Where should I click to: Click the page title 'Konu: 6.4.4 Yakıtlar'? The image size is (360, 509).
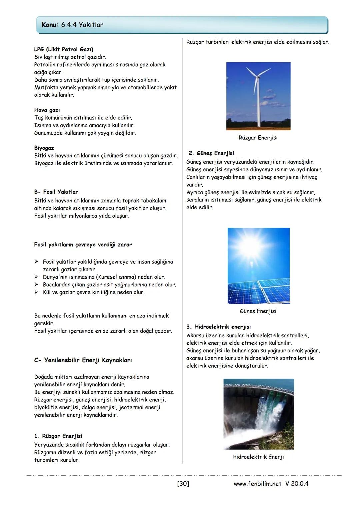[72, 25]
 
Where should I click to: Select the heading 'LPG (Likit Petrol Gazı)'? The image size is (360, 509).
[64, 49]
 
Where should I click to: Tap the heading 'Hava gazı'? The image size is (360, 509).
[47, 110]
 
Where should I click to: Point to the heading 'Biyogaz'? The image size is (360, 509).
[44, 148]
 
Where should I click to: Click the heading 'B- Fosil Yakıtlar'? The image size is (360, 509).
[56, 192]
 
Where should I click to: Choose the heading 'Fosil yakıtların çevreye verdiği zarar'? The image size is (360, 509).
[83, 245]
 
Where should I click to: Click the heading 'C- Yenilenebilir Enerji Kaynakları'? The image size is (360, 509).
[83, 360]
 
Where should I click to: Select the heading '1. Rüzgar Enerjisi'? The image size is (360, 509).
[58, 436]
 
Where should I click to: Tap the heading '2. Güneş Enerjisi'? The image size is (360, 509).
[211, 153]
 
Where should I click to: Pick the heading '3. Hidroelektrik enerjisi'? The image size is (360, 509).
[218, 327]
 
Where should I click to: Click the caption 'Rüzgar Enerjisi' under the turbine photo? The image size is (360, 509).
[258, 138]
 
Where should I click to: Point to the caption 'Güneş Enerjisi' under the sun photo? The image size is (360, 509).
[258, 311]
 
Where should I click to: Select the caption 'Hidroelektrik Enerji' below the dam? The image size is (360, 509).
[258, 457]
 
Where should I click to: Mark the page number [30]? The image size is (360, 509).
[183, 484]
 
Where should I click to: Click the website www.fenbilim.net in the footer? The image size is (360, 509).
[258, 484]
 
